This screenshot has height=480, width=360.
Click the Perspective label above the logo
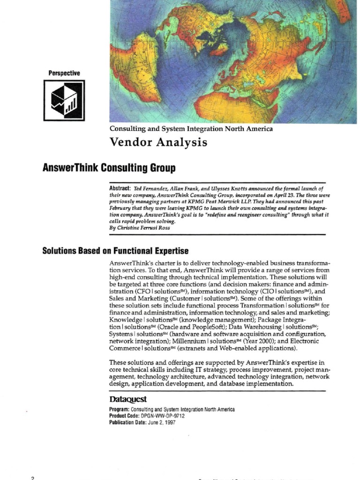64,73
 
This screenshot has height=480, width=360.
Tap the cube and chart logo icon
64,100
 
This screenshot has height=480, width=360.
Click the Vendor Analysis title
158,142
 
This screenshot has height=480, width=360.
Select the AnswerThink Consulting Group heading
109,167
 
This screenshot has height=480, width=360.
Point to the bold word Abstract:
120,187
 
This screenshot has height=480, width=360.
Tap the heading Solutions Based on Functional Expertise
115,251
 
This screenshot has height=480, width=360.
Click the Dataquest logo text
128,399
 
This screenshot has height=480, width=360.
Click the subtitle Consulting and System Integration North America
191,128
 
